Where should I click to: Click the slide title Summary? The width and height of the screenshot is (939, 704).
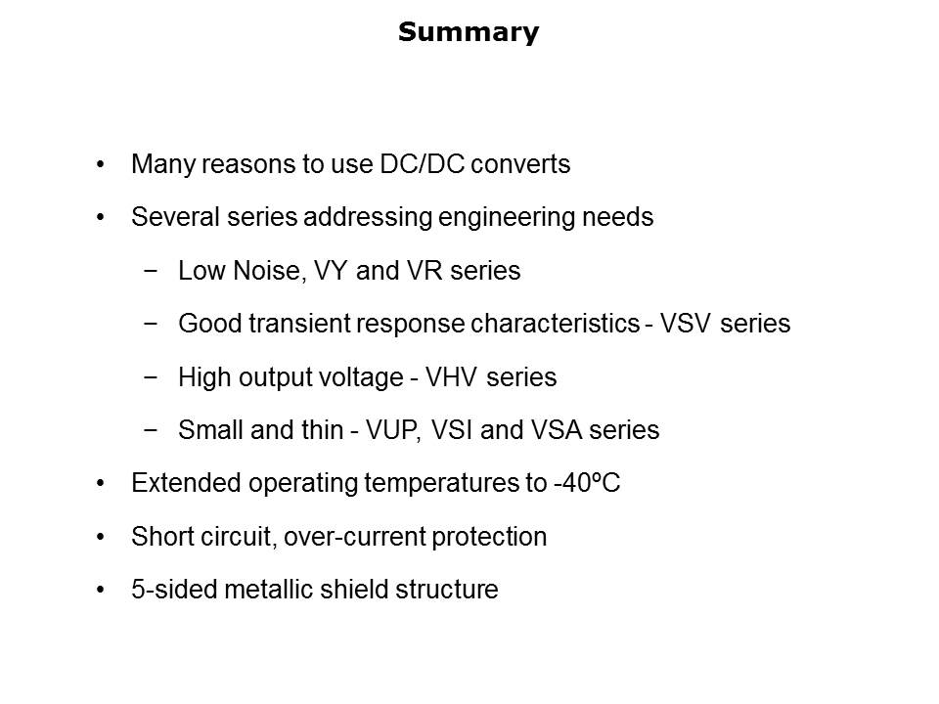469,32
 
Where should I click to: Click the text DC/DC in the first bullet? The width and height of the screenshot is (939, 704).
423,164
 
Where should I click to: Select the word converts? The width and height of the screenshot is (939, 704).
520,164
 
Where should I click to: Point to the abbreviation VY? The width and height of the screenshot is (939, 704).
331,271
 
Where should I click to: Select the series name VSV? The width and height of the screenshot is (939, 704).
685,324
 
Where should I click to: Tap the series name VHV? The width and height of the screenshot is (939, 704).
451,377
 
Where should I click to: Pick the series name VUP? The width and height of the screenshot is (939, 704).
392,430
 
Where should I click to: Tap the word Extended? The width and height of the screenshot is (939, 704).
186,483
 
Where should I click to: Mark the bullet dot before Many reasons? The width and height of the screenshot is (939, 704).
101,164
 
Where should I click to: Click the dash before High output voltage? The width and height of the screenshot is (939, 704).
151,377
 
